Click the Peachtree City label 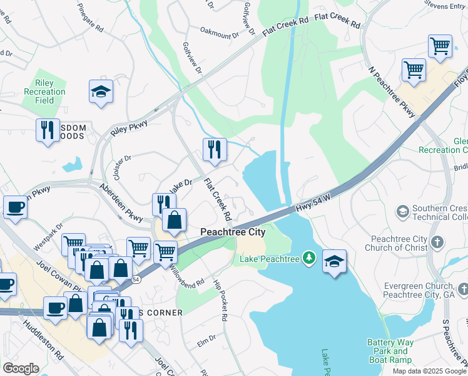pyautogui.click(x=233, y=232)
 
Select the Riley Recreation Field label pyautogui.click(x=44, y=91)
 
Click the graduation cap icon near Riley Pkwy pyautogui.click(x=101, y=91)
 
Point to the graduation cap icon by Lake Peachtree pyautogui.click(x=335, y=261)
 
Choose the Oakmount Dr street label pyautogui.click(x=220, y=29)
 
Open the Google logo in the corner pyautogui.click(x=21, y=368)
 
